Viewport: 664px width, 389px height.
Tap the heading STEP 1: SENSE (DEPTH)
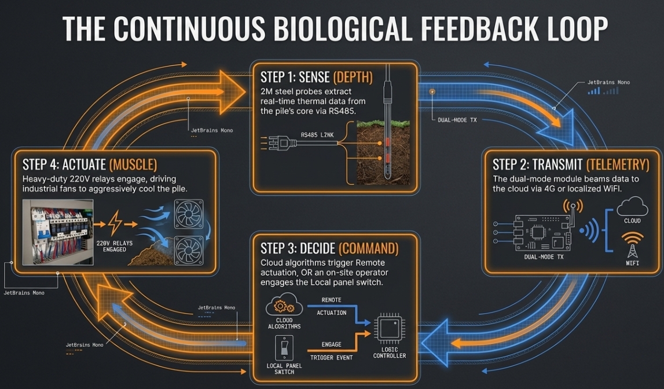coord(316,77)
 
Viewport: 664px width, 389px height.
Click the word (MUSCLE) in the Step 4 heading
coord(133,163)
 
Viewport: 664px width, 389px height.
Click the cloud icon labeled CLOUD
coord(632,208)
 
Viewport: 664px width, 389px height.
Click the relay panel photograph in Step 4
coord(58,232)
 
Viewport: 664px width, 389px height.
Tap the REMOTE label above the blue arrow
coord(331,300)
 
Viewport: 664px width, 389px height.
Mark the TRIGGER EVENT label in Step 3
coord(332,358)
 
